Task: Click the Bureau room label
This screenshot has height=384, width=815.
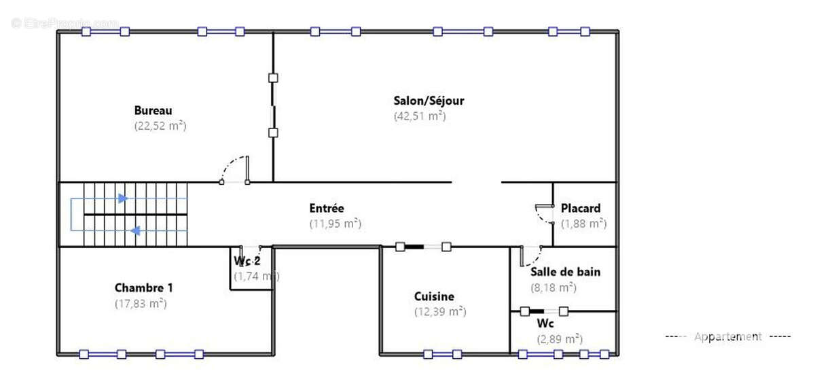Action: pos(153,110)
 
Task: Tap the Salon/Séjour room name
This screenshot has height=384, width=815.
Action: pos(429,101)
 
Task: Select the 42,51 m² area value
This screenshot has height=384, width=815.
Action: pos(419,116)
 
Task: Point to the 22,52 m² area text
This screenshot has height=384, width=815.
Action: pos(160,126)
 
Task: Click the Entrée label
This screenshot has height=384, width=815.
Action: pos(327,208)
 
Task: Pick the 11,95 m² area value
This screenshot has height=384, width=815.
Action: pos(335,223)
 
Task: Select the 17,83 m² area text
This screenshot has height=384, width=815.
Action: pos(141,303)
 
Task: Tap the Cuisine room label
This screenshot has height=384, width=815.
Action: pos(434,296)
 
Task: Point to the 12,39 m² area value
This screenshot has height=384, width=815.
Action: pos(439,312)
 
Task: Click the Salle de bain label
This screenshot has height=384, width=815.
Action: pos(565,272)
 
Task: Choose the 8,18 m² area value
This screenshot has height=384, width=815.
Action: pos(554,287)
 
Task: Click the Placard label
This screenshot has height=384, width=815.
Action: pos(580,208)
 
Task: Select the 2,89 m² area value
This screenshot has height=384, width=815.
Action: pos(560,338)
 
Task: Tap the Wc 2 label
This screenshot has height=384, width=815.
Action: pos(247,261)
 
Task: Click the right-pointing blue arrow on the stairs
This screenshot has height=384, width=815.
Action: pos(122,198)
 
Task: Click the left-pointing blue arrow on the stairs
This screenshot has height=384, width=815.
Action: pos(135,231)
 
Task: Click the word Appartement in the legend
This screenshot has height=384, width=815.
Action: pos(727,336)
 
